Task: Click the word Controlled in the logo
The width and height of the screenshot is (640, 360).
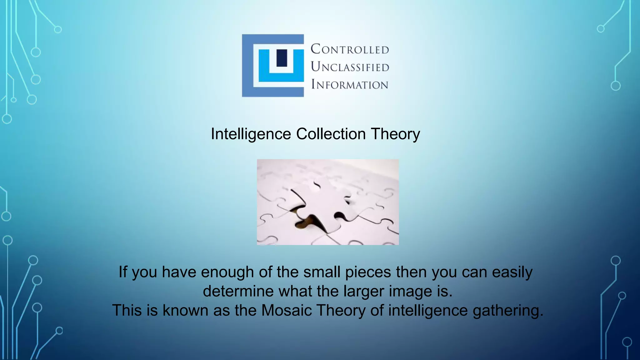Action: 350,49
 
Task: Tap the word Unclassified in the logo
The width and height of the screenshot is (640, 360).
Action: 350,67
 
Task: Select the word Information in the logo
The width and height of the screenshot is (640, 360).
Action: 349,84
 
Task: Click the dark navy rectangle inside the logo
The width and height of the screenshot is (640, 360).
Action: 282,58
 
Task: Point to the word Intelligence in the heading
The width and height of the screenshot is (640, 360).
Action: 251,134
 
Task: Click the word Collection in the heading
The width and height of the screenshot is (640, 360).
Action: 331,134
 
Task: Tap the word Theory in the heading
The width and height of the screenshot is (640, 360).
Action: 395,134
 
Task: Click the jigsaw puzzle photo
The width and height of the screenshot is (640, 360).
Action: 327,202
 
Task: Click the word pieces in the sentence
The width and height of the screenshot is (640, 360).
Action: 368,272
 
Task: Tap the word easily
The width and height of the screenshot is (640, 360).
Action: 512,272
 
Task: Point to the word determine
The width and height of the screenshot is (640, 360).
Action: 238,291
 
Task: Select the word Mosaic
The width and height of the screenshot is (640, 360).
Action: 287,310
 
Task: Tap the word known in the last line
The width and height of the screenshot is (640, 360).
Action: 185,310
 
